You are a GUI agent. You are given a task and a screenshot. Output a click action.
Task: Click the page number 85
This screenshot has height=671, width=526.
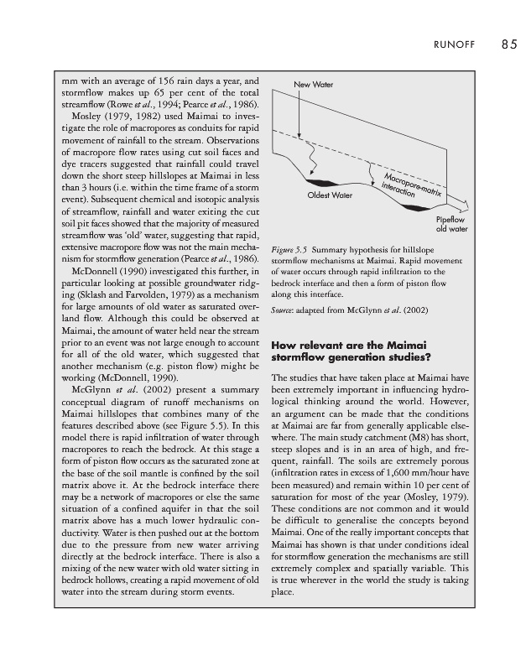click(x=509, y=44)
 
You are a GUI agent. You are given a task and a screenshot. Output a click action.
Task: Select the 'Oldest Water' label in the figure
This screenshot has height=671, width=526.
click(x=330, y=195)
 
